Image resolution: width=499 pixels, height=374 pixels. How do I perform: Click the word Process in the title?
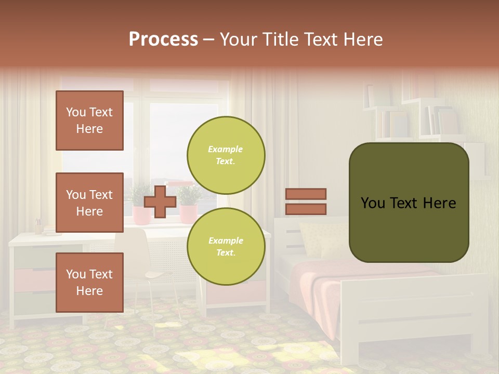click(163, 39)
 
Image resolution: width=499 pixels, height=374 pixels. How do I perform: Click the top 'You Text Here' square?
click(89, 121)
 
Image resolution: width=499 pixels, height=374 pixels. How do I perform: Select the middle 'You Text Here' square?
click(89, 203)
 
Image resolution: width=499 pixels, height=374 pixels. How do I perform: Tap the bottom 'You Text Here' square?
click(89, 283)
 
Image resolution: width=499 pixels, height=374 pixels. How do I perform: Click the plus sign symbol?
click(160, 202)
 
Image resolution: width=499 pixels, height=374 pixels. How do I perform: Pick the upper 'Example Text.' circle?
click(226, 155)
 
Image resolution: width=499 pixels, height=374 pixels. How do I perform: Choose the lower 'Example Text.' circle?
click(226, 246)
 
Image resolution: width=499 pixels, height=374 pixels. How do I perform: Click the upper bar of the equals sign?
click(306, 194)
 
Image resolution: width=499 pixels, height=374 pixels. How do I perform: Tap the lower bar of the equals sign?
click(306, 209)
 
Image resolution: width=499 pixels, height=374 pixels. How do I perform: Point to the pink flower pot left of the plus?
click(140, 214)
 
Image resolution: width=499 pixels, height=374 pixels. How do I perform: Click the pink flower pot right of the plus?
click(188, 213)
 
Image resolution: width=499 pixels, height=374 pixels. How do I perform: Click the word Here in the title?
click(363, 39)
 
